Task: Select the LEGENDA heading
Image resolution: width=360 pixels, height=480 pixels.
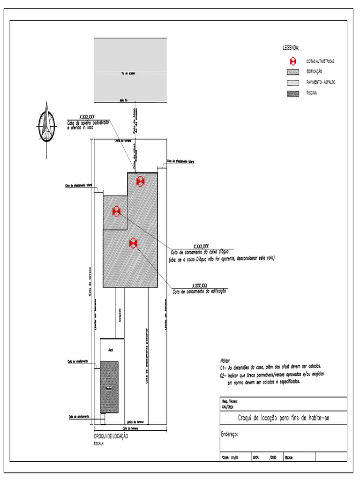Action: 291,48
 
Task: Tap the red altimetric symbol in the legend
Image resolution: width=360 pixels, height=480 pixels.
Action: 292,61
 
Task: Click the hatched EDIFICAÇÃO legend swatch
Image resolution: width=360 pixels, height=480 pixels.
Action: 292,72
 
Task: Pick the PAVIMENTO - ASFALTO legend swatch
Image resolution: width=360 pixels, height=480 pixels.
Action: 292,82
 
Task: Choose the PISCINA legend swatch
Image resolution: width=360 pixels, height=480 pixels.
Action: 292,93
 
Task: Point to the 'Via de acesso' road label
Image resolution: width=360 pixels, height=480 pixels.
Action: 128,73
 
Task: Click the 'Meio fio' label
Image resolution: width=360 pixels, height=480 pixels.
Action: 124,100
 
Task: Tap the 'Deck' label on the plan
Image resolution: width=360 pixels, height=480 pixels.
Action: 111,350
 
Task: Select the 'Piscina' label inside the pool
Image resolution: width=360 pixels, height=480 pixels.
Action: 108,388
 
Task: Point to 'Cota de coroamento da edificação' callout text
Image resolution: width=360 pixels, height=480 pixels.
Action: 200,292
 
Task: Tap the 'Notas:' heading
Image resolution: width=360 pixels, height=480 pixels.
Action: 225,360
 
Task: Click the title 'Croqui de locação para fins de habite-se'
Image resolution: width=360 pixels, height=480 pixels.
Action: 284,418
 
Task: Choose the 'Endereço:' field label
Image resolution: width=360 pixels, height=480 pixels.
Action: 229,434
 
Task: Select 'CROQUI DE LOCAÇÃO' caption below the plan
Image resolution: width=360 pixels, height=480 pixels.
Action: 111,436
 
